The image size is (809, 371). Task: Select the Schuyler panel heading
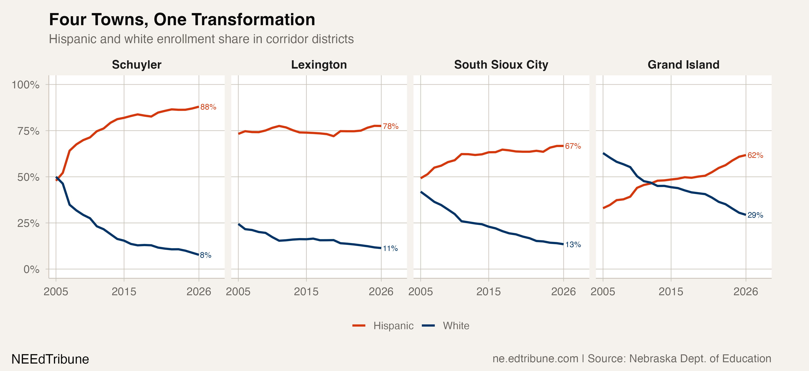(137, 65)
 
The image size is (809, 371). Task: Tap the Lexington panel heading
(319, 65)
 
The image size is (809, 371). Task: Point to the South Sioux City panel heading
(501, 65)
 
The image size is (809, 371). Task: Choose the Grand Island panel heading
(683, 65)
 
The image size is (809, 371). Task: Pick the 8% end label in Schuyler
(205, 255)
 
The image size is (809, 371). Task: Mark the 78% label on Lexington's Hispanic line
(390, 126)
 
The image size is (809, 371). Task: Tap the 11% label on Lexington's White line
(390, 248)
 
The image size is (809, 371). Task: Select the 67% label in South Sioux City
(573, 146)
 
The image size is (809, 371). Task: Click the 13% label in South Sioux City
(573, 244)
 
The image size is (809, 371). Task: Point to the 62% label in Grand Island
(755, 155)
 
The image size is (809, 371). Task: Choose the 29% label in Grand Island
(755, 215)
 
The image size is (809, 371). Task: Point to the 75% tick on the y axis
(28, 131)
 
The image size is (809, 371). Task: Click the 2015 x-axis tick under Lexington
(306, 292)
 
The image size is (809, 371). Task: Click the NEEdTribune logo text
(50, 359)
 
